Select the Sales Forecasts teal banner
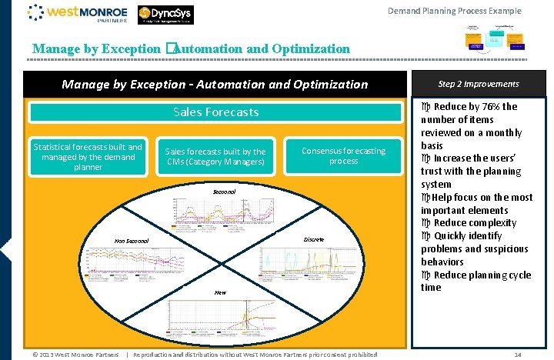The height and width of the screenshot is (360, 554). (x=215, y=112)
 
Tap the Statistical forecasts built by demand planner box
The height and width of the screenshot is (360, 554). (x=87, y=157)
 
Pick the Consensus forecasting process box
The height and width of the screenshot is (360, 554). (x=343, y=156)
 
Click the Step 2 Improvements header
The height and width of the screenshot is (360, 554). (x=478, y=84)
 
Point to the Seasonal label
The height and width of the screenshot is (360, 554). (x=225, y=191)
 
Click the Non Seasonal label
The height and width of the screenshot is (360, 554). (x=132, y=241)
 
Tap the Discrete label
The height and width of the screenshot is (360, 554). (x=313, y=240)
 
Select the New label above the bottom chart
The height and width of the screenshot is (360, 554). (x=220, y=292)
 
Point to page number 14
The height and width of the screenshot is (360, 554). (x=517, y=355)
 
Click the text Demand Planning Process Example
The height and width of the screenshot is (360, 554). (x=454, y=11)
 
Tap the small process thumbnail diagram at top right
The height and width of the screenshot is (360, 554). (x=491, y=39)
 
